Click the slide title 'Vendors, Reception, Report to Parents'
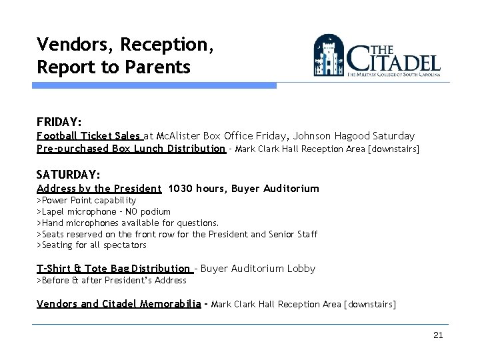(113, 55)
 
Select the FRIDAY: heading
(59, 122)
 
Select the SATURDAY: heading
(68, 175)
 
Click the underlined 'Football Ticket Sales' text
(89, 135)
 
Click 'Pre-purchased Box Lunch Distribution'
(131, 148)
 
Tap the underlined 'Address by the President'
(99, 189)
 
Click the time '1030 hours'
(197, 189)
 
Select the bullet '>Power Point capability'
(86, 200)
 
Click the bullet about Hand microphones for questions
(127, 223)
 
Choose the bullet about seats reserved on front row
(177, 234)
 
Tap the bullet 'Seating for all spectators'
(91, 245)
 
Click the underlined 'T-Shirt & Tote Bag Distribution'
(114, 269)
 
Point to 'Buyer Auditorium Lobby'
(257, 269)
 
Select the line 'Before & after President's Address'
(111, 280)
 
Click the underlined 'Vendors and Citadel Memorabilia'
(119, 304)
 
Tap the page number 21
(437, 335)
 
